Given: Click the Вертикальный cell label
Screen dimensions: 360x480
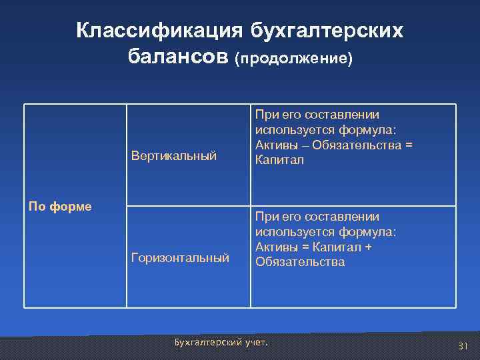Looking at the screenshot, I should point(174,156).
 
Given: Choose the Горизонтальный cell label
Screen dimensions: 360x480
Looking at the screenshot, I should point(180,257).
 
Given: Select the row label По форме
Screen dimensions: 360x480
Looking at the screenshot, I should point(60,206).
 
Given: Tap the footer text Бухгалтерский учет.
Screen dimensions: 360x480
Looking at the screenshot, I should point(220,343).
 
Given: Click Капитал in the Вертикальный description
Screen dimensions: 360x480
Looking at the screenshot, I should point(279,160).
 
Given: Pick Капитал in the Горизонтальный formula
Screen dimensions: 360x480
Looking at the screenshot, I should point(337,247).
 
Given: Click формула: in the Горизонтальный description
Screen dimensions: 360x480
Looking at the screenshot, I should point(369,231).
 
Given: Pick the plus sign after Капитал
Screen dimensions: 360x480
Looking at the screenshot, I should point(367,247).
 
